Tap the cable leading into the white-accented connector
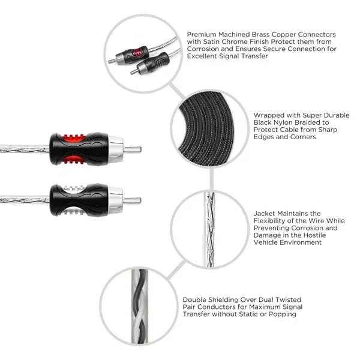click(24, 199)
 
